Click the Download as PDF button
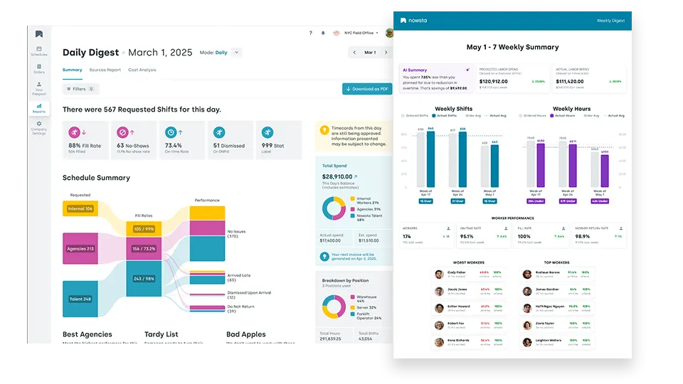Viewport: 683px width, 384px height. pos(367,89)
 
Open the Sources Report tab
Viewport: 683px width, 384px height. pos(105,70)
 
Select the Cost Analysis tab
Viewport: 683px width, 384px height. pos(142,70)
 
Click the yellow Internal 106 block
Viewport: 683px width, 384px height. pos(80,208)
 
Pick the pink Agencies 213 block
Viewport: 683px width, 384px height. pos(80,249)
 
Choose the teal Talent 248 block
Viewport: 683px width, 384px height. pos(80,299)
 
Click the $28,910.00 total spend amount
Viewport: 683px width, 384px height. pos(338,176)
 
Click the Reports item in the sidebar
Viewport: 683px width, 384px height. pos(38,107)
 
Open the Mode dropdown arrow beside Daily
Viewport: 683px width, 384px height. pos(236,52)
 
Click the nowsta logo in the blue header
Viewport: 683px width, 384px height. pos(415,21)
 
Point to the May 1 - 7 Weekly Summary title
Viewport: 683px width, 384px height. pos(512,48)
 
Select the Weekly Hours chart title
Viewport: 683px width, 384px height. pos(571,109)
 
